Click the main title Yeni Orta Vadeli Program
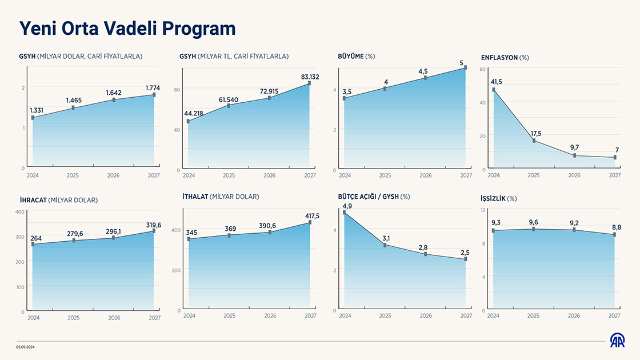coord(127,29)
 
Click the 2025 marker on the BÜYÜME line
coord(386,89)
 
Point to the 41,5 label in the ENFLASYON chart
coord(497,82)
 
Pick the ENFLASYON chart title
coord(505,58)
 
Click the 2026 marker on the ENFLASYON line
coord(574,155)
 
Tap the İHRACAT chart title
coord(59,200)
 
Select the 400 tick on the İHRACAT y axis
coord(19,212)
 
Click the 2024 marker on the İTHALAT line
coord(189,239)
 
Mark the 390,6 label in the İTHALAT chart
coord(270,226)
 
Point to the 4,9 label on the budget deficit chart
coord(347,206)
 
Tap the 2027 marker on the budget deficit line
coord(466,259)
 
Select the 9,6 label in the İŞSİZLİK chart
coord(534,222)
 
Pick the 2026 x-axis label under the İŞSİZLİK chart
coord(574,316)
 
